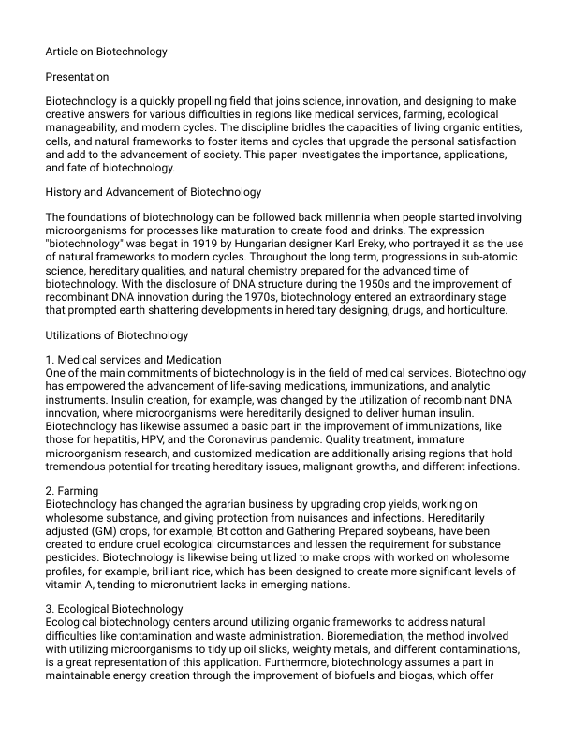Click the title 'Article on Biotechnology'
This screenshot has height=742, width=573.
[106, 52]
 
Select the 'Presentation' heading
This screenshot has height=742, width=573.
[77, 76]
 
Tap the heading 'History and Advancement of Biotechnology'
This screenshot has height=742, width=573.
[154, 192]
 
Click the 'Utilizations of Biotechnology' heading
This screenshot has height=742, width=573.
[117, 334]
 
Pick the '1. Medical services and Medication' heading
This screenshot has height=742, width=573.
[133, 359]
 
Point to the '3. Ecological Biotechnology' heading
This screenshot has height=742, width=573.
[114, 608]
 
